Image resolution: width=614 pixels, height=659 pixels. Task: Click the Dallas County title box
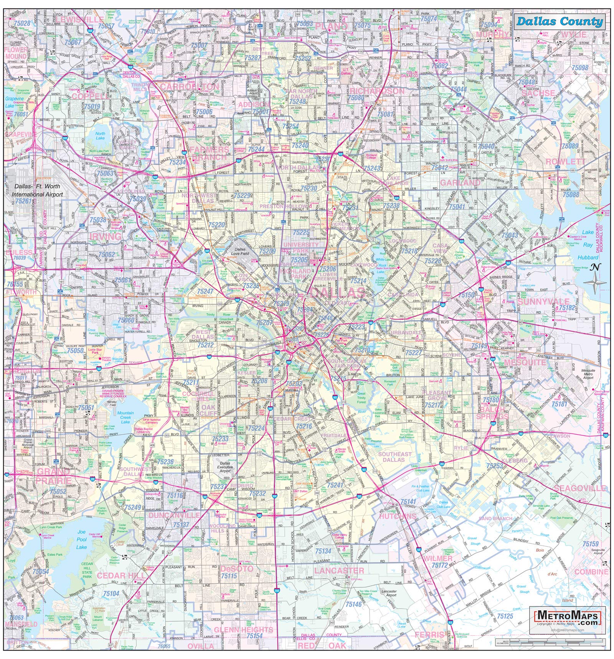click(559, 22)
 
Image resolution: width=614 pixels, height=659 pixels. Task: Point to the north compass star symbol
click(595, 283)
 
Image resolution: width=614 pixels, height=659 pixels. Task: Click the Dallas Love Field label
click(242, 251)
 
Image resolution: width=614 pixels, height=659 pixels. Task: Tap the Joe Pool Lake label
click(81, 539)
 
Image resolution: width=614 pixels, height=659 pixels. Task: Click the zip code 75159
click(590, 544)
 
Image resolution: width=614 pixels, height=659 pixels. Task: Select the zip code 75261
click(23, 201)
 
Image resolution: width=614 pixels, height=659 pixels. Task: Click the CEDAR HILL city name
click(117, 575)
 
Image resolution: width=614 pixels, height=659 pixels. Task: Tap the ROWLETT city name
click(565, 161)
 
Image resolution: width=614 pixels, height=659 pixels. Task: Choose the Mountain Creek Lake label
click(125, 417)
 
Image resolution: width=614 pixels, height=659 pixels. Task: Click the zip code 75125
click(505, 616)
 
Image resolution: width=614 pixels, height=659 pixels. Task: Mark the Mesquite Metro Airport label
click(588, 374)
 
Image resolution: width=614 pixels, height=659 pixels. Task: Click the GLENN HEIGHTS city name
click(243, 630)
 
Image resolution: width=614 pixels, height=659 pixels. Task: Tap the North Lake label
click(100, 136)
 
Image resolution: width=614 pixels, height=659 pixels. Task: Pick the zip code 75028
click(22, 23)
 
